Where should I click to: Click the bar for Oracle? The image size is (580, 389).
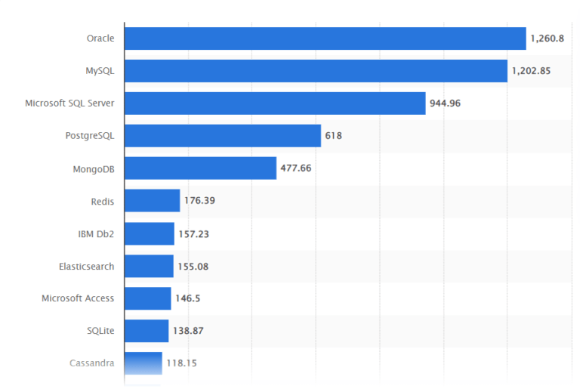325,39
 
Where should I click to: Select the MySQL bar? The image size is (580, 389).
316,71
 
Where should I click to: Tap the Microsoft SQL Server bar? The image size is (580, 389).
275,103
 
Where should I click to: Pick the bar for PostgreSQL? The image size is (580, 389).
223,136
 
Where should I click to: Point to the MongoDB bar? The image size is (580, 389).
200,168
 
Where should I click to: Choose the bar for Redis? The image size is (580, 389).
152,201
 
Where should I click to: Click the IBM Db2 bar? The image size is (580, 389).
149,233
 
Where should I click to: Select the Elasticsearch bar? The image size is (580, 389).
149,266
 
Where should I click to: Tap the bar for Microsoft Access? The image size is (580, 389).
147,298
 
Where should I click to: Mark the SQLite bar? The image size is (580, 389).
147,331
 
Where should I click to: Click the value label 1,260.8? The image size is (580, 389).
547,39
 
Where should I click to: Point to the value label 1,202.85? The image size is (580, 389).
532,71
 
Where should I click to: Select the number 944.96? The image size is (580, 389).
445,103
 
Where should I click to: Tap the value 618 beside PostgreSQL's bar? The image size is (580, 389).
333,136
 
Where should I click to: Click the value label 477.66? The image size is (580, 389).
296,168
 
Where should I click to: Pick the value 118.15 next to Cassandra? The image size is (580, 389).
181,363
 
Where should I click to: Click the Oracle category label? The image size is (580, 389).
100,39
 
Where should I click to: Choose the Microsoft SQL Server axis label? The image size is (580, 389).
69,103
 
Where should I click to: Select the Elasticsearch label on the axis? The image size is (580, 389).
86,266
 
